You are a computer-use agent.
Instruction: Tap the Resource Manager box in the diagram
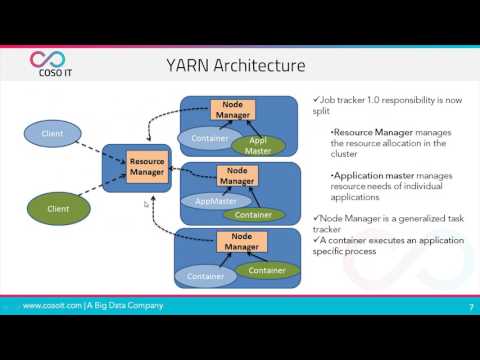click(146, 167)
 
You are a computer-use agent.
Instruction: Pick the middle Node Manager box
click(236, 176)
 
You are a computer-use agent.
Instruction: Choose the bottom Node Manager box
click(236, 242)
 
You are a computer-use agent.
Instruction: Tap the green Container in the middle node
click(252, 213)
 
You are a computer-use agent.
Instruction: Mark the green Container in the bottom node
click(266, 270)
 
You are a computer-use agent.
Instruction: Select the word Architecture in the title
click(263, 67)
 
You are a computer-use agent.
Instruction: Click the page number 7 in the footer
click(469, 306)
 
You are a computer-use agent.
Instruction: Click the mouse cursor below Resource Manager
click(147, 204)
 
